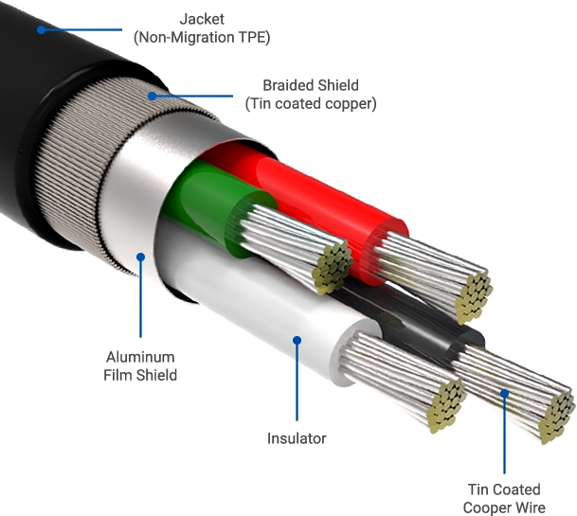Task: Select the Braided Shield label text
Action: (311, 84)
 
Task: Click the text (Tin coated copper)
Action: (311, 103)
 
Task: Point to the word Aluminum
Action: (140, 357)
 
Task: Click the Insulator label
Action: (297, 438)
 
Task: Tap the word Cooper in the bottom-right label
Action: (485, 508)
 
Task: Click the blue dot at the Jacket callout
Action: (42, 29)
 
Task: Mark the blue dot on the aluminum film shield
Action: (140, 255)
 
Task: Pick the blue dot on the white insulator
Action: (297, 338)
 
